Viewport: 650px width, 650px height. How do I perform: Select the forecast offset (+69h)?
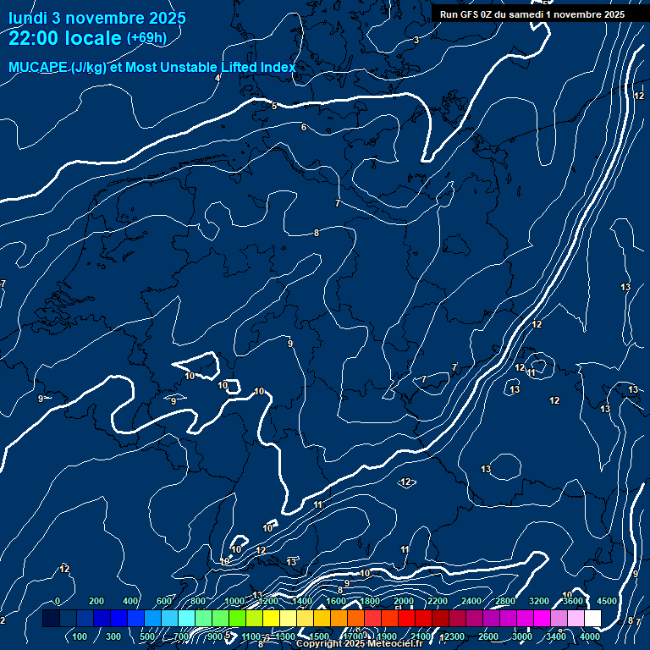point(146,38)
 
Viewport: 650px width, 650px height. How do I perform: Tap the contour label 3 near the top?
point(416,40)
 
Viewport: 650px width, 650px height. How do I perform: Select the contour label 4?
point(218,78)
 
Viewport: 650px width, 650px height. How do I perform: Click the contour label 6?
point(304,128)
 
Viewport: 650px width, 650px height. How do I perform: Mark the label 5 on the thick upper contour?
point(274,106)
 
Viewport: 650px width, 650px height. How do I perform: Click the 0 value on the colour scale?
point(58,601)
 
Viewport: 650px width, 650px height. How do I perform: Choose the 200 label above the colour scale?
point(96,601)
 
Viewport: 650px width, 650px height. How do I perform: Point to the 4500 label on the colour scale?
point(606,601)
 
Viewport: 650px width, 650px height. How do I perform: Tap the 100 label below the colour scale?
point(80,636)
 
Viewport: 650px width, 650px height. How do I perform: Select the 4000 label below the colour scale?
point(591,636)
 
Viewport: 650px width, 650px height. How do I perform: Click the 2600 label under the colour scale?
point(488,636)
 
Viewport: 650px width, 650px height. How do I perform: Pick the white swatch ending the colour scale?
point(592,619)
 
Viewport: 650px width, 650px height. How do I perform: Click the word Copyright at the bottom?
point(319,644)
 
